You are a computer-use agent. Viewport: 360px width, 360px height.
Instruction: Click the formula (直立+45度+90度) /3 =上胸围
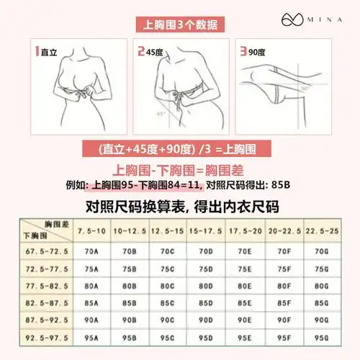[x=180, y=150]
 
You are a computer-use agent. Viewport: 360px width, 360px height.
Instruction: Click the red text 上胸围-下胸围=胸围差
[x=180, y=171]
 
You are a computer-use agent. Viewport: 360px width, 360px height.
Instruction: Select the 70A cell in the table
[x=90, y=253]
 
